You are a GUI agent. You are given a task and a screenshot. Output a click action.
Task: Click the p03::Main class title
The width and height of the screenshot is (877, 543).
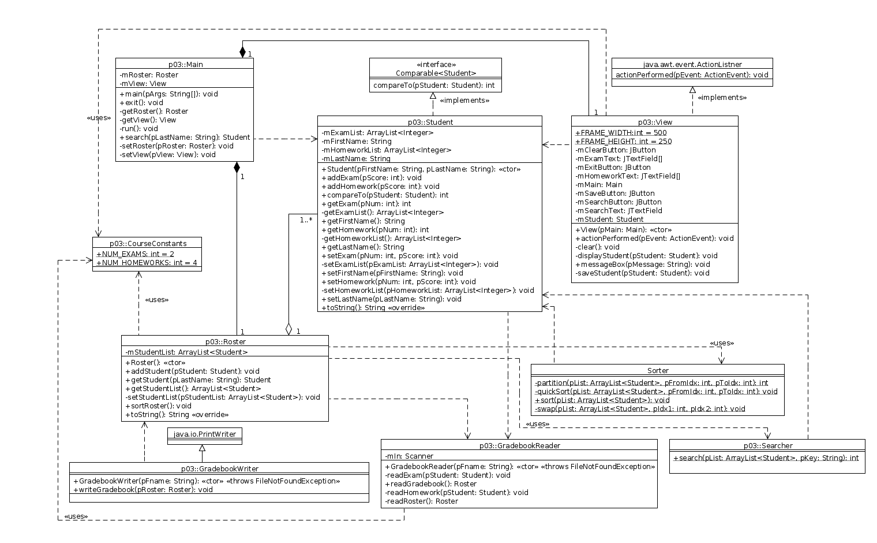(185, 64)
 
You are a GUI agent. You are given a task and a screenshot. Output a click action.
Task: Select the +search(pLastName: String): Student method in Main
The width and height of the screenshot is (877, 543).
(185, 137)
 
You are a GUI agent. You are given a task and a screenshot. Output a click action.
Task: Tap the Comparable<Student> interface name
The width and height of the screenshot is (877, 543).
(436, 73)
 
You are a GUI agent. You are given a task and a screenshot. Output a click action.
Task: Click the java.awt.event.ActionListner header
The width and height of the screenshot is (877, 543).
(692, 64)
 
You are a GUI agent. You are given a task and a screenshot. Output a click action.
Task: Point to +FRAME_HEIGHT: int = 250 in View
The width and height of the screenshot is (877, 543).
(623, 142)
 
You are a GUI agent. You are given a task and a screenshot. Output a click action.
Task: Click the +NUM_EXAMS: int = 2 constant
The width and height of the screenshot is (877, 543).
(135, 254)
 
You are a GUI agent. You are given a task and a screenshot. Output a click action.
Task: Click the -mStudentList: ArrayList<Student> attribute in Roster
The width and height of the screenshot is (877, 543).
(186, 352)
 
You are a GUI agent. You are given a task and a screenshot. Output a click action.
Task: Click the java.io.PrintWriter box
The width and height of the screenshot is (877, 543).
(205, 434)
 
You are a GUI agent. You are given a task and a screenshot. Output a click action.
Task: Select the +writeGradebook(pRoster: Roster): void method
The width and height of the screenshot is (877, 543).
(143, 489)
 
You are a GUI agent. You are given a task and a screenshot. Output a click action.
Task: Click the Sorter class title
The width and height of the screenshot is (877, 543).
(658, 370)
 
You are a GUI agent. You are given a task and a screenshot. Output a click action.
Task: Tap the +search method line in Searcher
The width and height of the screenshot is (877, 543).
(766, 458)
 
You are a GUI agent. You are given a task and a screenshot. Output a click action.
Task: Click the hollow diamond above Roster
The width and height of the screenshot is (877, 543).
(288, 329)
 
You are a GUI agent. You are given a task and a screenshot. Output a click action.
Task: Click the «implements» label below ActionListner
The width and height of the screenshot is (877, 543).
(722, 98)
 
